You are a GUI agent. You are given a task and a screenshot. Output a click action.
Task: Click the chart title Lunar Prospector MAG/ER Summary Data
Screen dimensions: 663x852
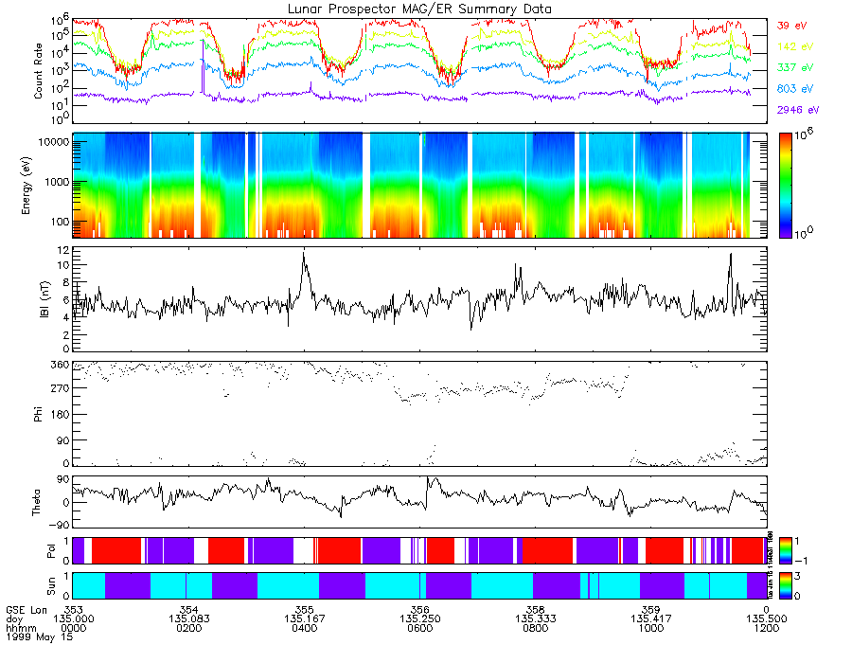(419, 9)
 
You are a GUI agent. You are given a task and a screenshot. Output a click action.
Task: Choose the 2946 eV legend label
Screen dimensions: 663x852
(795, 110)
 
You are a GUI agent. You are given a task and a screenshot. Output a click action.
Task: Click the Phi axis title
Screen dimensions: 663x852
(40, 414)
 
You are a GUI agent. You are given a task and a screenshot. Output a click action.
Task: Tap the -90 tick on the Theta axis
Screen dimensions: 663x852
(58, 525)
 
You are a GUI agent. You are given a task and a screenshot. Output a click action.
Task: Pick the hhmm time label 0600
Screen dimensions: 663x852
(419, 626)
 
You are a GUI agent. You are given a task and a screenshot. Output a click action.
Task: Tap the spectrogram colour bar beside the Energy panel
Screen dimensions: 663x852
(785, 185)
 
